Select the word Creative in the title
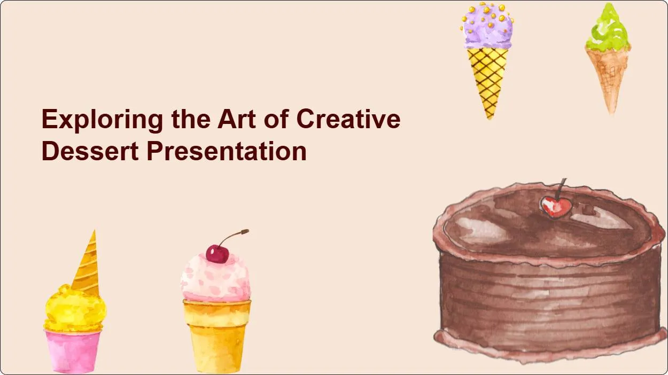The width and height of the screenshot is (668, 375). click(x=348, y=119)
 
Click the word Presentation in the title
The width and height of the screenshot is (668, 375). click(x=227, y=151)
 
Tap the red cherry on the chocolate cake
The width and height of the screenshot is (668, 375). click(x=555, y=206)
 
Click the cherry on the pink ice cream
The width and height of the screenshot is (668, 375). click(x=217, y=254)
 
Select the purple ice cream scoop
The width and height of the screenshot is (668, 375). click(x=487, y=28)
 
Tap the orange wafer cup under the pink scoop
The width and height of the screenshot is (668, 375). click(x=216, y=334)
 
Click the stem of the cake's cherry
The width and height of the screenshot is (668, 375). click(x=561, y=188)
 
